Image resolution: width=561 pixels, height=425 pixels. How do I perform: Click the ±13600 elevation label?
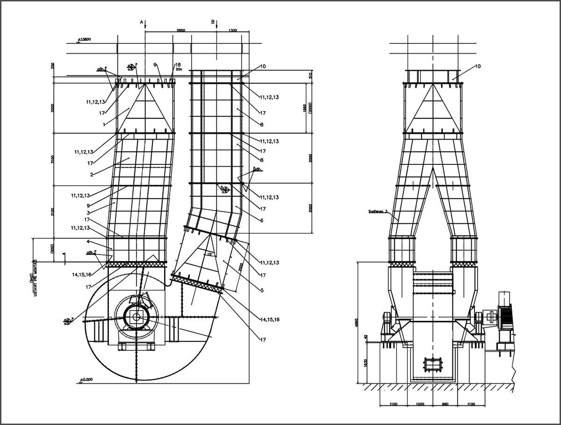[85, 40]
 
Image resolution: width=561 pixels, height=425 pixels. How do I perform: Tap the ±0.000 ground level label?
[87, 380]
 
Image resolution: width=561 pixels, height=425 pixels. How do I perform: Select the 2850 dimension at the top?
[181, 30]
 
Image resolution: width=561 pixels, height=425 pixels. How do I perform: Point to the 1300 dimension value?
[232, 30]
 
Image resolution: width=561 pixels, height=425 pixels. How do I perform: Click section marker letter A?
[142, 22]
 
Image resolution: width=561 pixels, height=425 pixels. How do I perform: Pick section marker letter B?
[213, 22]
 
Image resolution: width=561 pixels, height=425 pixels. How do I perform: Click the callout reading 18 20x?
[178, 66]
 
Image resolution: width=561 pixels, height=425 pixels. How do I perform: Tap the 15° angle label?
[210, 254]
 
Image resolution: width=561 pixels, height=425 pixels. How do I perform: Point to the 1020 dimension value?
[420, 404]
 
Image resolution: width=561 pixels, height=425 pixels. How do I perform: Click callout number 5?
[262, 290]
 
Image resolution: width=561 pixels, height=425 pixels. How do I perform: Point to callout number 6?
[261, 220]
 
